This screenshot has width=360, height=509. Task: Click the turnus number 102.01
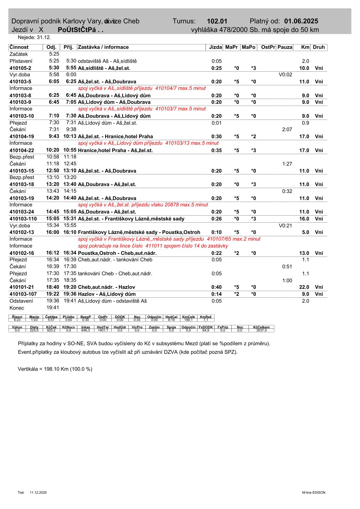[x=217, y=21]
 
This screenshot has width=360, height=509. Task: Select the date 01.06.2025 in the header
[x=301, y=21]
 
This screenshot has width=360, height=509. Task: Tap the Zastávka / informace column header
[x=103, y=47]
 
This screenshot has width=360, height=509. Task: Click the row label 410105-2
[x=20, y=68]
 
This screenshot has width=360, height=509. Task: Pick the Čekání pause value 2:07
[x=287, y=129]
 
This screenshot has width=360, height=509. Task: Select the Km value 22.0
[x=304, y=287]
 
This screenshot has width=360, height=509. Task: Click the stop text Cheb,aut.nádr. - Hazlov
[x=106, y=287]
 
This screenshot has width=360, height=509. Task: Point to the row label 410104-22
[x=22, y=150]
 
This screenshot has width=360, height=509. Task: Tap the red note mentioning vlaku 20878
[x=143, y=205]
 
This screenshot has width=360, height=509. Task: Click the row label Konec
[x=17, y=308]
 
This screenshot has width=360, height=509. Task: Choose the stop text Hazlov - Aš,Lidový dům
[x=107, y=294]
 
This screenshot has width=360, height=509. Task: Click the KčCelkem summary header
[x=261, y=327]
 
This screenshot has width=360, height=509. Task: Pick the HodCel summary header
[x=171, y=317]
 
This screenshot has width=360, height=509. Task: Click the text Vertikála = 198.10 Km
[x=55, y=369]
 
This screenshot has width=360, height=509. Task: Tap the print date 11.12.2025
[x=38, y=493]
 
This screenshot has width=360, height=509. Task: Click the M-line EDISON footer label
[x=314, y=493]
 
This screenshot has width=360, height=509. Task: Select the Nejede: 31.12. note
[x=34, y=37]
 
